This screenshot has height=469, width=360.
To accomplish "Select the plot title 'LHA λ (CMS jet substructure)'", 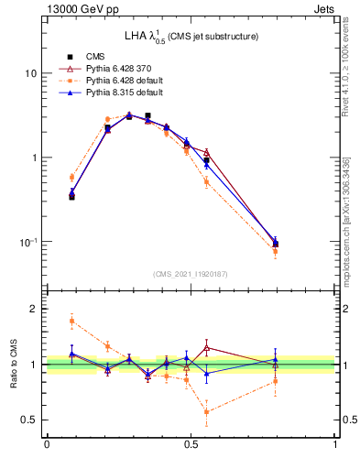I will [191, 36].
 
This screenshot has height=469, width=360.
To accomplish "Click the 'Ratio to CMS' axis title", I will [14, 365].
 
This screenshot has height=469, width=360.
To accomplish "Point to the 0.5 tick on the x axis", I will [191, 445].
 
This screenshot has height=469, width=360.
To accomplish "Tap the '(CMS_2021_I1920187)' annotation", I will [191, 273].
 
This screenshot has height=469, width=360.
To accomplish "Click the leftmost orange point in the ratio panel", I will [72, 321].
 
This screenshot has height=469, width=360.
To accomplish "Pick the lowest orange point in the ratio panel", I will [207, 412].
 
